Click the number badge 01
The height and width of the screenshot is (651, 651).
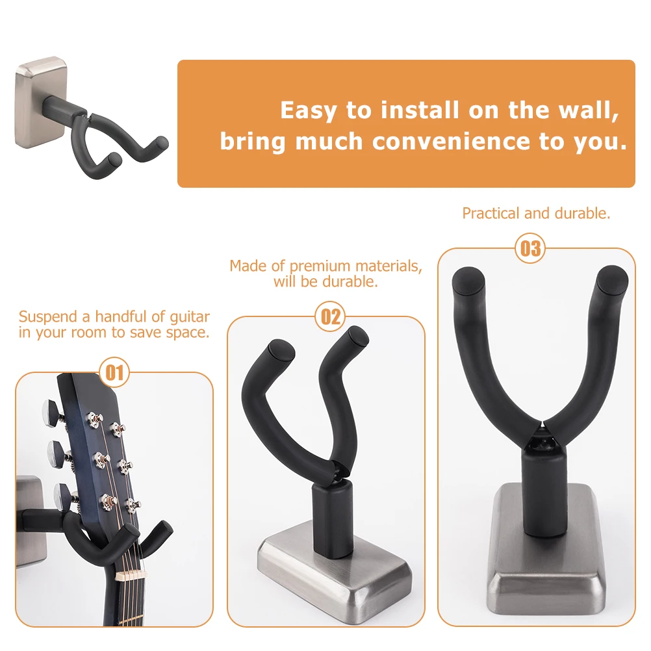click(114, 372)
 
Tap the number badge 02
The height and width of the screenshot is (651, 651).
click(331, 316)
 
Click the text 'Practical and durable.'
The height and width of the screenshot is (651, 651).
click(536, 213)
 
